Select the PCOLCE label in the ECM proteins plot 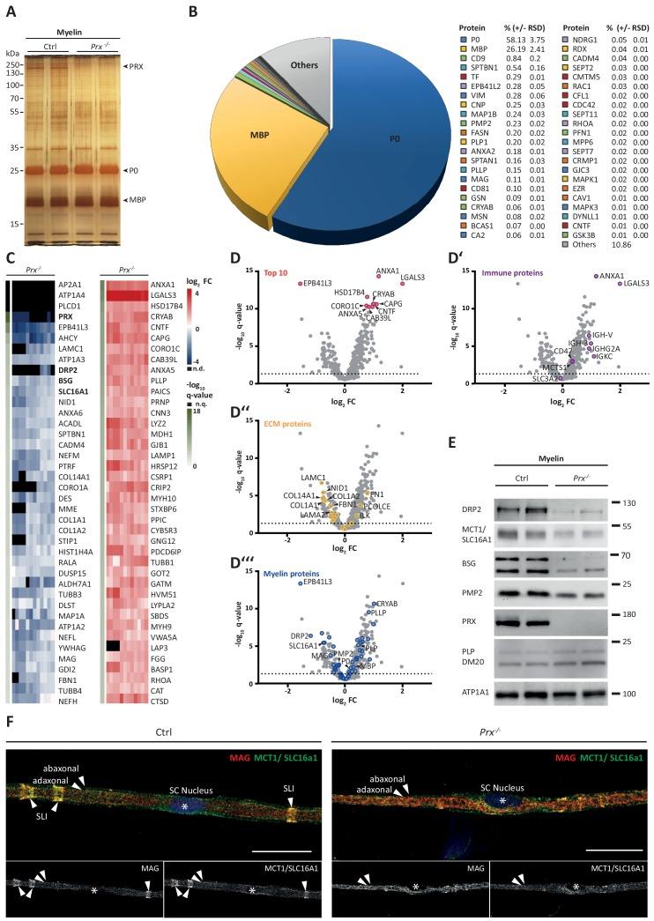click(x=375, y=507)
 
